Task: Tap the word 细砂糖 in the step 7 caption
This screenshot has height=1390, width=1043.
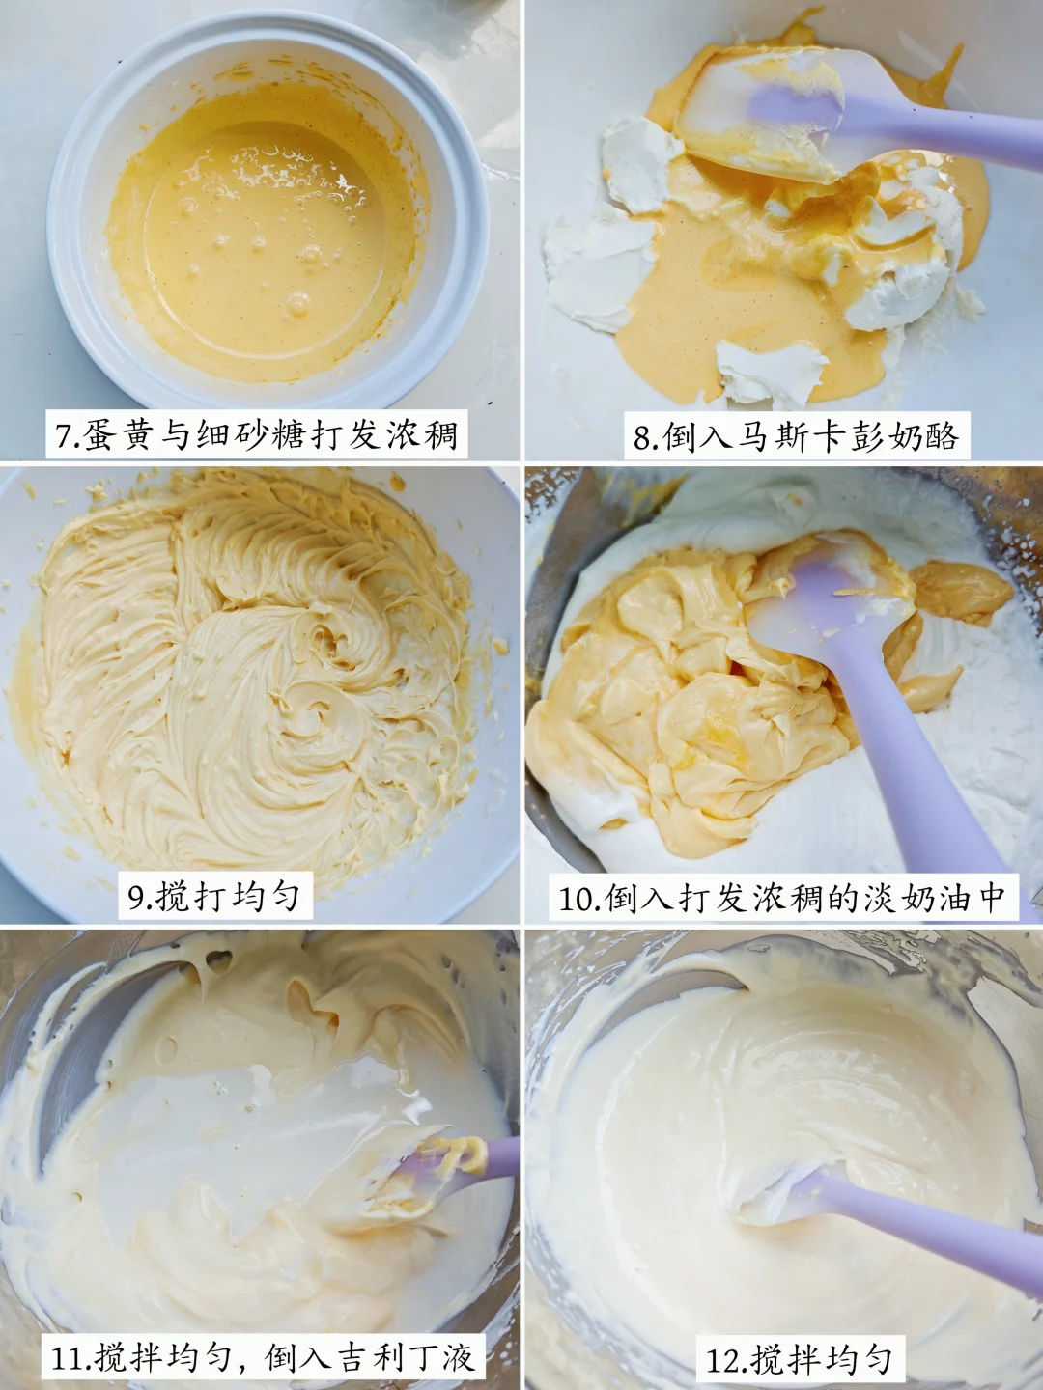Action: coord(240,434)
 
